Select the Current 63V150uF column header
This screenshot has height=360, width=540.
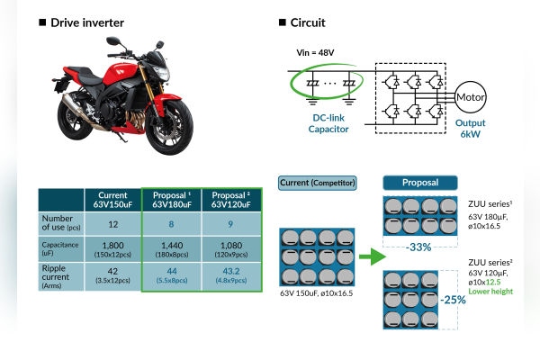tap(113, 198)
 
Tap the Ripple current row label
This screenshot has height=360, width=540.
tap(61, 275)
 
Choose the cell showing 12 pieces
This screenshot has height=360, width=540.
tap(113, 223)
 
